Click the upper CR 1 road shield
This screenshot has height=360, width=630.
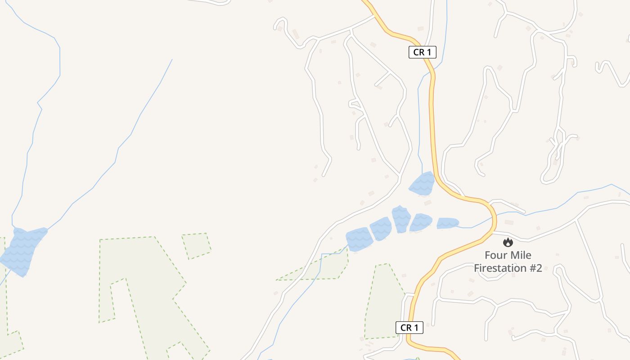click(423, 52)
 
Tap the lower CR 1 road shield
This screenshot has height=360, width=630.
click(409, 328)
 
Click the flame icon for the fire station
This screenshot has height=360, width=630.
click(508, 243)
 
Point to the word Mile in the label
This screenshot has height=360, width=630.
click(520, 256)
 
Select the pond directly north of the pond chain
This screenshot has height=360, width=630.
click(423, 184)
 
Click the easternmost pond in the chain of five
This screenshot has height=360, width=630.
click(447, 223)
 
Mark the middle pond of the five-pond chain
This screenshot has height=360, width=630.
click(401, 219)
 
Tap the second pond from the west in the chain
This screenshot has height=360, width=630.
click(381, 229)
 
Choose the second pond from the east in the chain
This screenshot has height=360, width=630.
click(421, 222)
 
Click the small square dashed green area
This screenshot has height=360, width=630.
click(197, 245)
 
